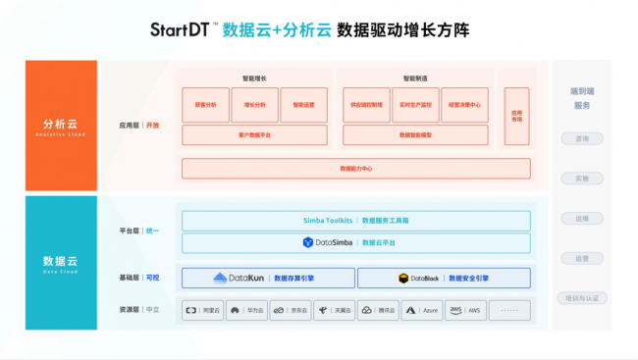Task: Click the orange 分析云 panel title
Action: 61,126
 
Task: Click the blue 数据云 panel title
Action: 61,261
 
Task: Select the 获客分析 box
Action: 206,104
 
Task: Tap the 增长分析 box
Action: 254,104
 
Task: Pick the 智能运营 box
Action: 304,104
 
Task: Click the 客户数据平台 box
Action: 255,134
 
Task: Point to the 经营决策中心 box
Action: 464,104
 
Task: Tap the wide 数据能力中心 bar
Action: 355,169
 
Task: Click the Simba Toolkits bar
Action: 355,221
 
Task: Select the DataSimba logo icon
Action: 308,242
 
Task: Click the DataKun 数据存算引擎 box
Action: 268,279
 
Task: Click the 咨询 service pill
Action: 582,138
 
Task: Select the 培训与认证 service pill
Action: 582,298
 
